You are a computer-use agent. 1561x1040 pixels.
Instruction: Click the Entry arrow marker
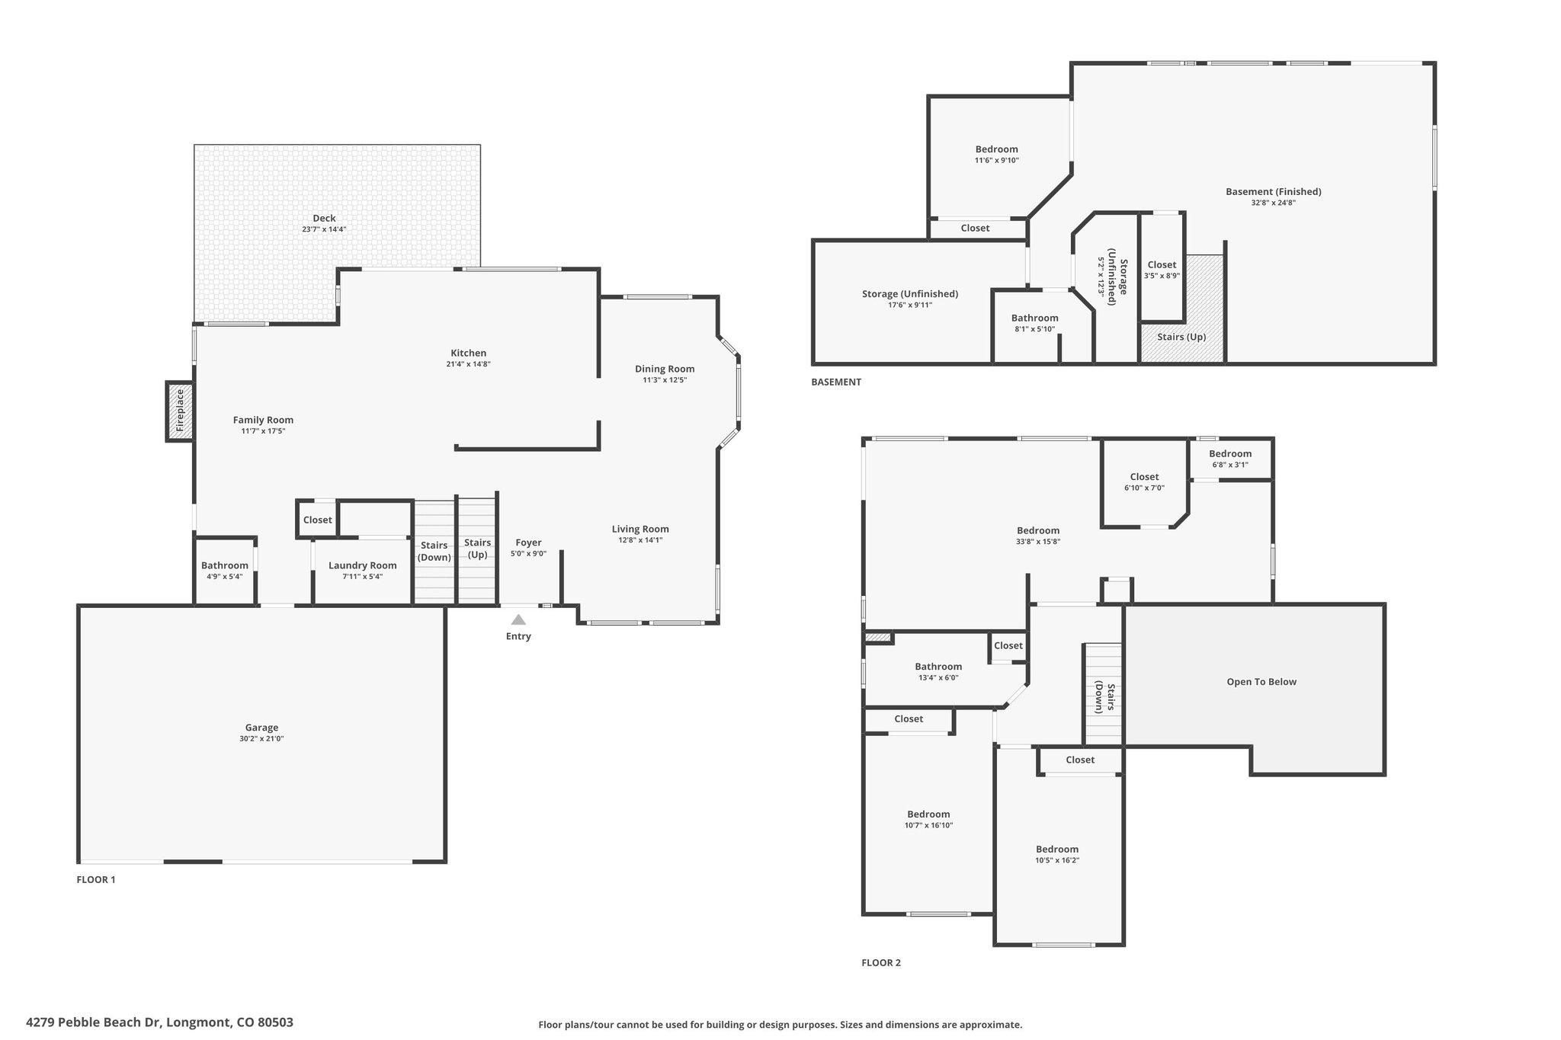point(518,619)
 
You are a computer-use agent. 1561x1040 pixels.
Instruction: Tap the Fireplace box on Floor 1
point(180,411)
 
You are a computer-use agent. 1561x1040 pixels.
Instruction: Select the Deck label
point(324,218)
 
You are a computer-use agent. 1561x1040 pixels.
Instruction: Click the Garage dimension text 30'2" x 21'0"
point(261,739)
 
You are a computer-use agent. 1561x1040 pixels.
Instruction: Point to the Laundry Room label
point(363,565)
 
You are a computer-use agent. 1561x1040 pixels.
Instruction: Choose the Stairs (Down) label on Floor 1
point(434,552)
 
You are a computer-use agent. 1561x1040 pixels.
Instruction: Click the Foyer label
point(528,542)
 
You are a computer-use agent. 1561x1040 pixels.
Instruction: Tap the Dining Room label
point(665,369)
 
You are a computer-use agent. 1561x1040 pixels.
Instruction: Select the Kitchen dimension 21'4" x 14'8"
point(468,364)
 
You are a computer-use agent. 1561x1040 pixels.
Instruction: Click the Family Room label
point(263,420)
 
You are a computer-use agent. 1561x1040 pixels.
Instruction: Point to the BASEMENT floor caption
point(836,382)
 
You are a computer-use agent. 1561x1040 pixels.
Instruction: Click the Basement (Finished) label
point(1274,191)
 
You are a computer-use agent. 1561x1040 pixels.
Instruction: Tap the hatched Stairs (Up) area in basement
point(1181,309)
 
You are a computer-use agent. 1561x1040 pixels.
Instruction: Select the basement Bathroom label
point(1035,318)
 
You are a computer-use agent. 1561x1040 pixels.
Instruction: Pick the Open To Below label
point(1261,682)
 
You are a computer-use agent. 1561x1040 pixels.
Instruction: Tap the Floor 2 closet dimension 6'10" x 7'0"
point(1144,488)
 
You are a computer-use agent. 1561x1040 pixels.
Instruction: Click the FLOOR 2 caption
point(881,962)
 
